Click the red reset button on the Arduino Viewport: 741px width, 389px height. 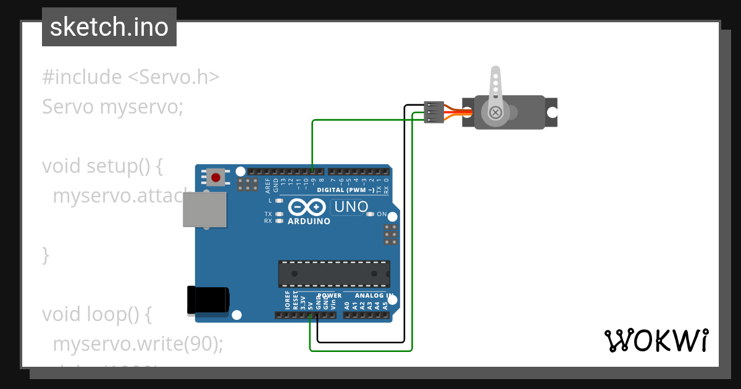point(216,178)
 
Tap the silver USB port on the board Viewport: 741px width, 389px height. point(204,209)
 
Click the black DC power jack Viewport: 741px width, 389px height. point(208,301)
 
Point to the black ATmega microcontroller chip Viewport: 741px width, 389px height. point(333,274)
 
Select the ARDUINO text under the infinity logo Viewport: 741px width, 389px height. point(309,221)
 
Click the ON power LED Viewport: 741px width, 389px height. point(370,214)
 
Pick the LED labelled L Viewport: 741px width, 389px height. point(279,201)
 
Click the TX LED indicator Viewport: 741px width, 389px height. point(279,214)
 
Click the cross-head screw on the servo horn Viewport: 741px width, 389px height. point(495,112)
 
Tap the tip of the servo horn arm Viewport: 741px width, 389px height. point(495,73)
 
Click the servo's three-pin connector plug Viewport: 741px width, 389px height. point(434,112)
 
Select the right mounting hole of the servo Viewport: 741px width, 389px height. point(552,112)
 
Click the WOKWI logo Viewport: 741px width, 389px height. point(656,340)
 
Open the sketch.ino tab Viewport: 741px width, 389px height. point(109,27)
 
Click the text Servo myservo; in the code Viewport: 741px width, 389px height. point(113,107)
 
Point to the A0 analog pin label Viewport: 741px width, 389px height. point(347,304)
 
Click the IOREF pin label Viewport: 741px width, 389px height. point(288,301)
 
